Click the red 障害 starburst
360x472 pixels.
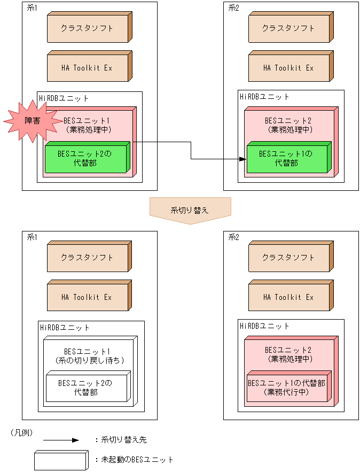coord(32,121)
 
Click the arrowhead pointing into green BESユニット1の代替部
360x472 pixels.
coord(242,159)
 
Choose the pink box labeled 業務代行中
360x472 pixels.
coord(288,388)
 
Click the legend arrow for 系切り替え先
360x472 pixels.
coord(61,440)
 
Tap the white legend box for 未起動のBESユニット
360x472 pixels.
coord(60,460)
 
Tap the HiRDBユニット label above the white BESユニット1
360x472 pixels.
coord(65,327)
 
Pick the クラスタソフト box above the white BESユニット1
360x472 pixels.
coord(88,257)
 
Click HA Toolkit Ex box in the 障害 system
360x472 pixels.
coord(88,68)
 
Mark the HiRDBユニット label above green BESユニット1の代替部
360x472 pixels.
coord(264,97)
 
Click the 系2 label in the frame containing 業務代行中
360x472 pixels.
coord(234,237)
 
